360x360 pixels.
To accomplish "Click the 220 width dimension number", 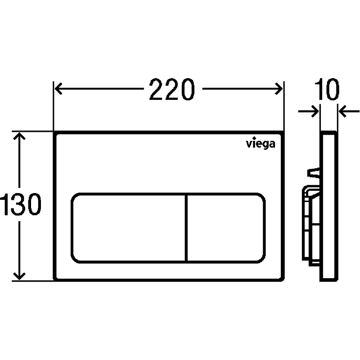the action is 172,89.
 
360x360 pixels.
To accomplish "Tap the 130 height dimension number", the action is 21,204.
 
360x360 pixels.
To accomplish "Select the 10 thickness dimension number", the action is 327,89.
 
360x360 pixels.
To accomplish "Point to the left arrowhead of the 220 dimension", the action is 58,89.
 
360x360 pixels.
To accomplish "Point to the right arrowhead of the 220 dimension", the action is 279,89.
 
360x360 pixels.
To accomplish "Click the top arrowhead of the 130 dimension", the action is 19,136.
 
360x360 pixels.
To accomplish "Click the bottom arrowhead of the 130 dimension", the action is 19,276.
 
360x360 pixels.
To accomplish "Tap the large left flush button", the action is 129,228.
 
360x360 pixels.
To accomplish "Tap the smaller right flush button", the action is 226,228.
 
